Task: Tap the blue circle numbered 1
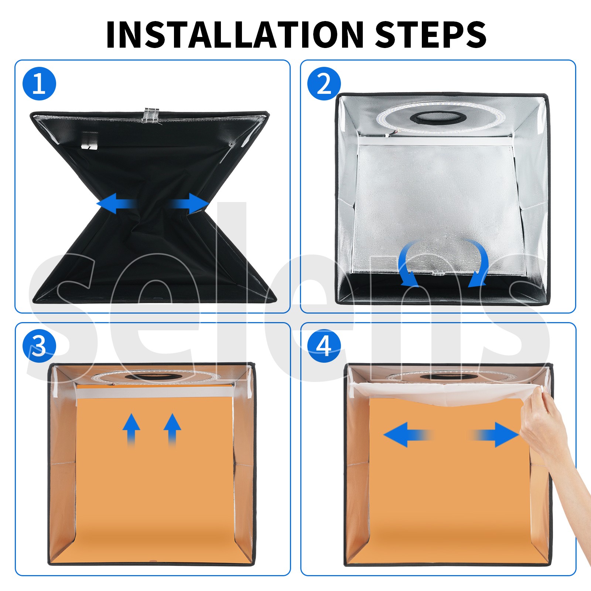point(39,84)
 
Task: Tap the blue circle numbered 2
point(324,84)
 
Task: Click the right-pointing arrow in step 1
point(188,203)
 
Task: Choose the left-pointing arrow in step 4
point(408,435)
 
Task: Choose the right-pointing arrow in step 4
point(495,435)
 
